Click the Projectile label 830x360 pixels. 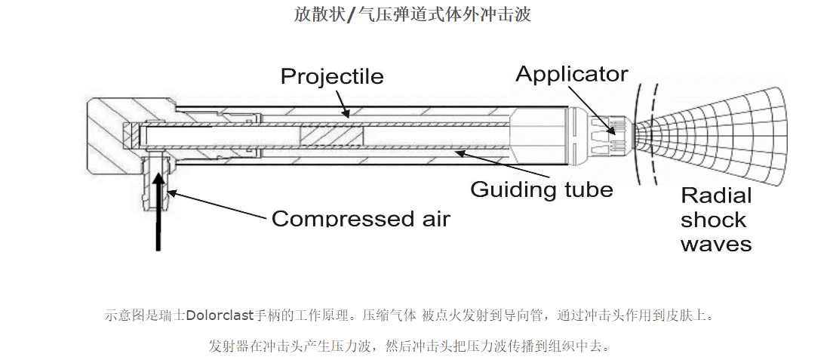tap(332, 76)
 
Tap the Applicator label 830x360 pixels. tap(571, 74)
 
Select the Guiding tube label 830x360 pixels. tap(542, 189)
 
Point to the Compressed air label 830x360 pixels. tap(361, 219)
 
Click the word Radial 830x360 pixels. tap(716, 196)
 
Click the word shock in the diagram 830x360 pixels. tap(713, 220)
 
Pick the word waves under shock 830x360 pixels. tap(715, 244)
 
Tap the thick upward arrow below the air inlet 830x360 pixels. tap(158, 211)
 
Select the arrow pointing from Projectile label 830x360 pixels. tap(345, 102)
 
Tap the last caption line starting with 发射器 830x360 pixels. tap(408, 346)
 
